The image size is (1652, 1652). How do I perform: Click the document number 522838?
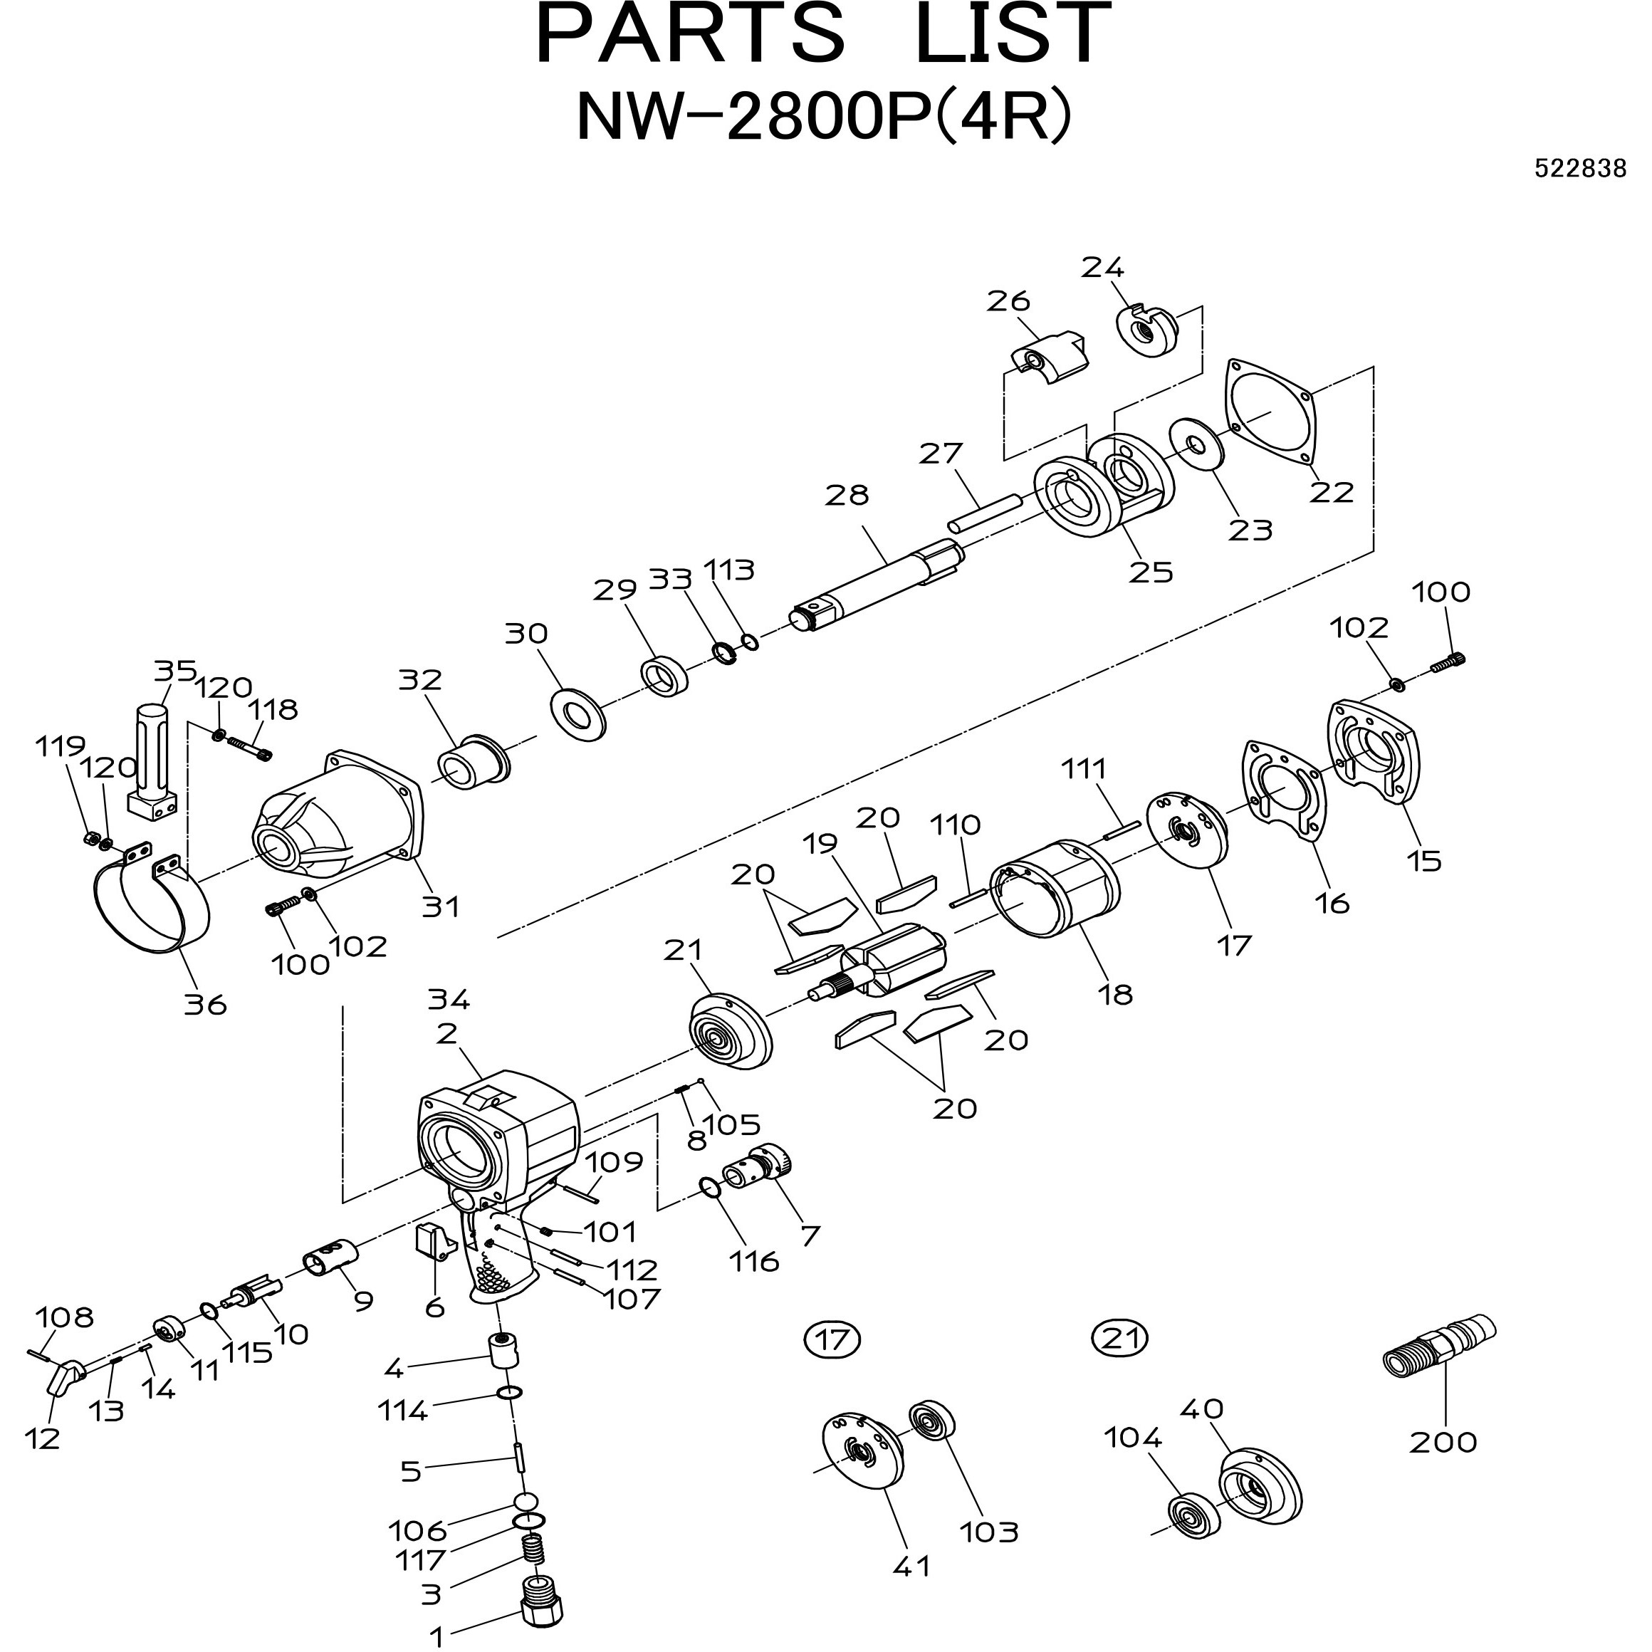pos(1579,169)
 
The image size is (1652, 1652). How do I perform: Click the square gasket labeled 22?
pos(1270,412)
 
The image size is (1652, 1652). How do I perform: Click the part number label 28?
pos(847,495)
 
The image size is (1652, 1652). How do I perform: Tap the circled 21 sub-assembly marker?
pos(1120,1337)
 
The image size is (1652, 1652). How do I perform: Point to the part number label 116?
pos(754,1261)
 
